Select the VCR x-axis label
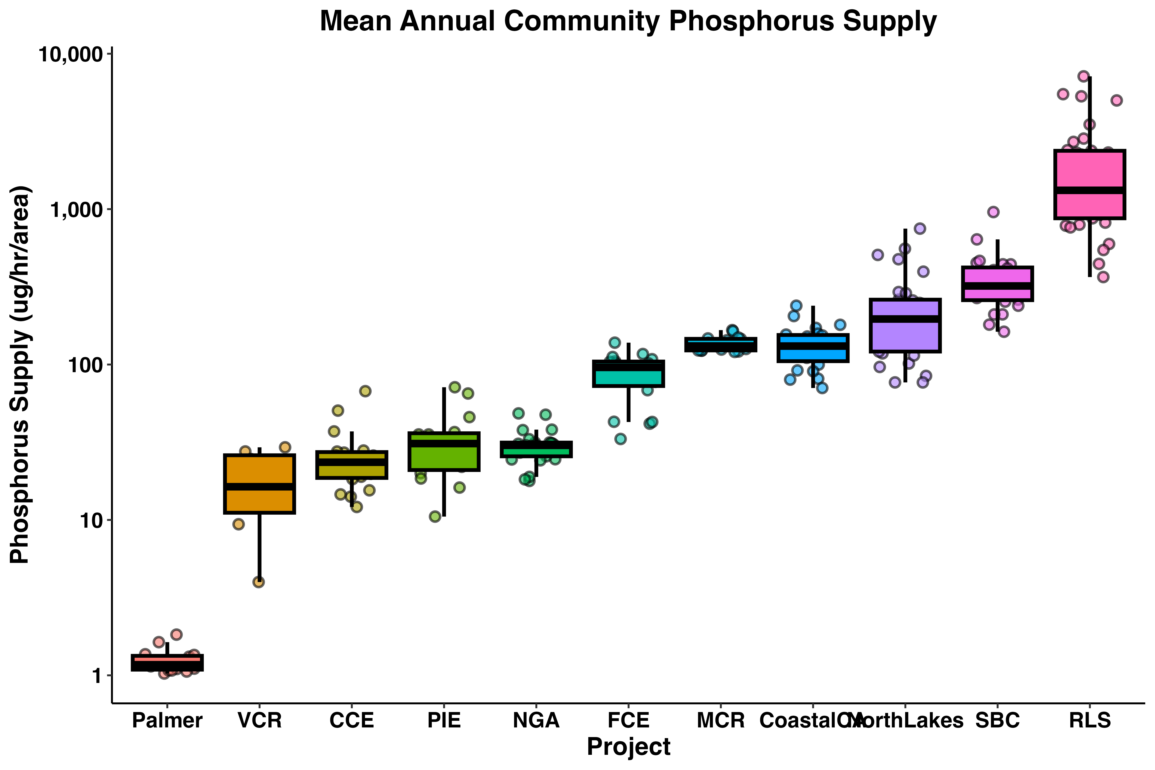tap(260, 720)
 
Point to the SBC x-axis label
tap(997, 720)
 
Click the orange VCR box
tap(260, 484)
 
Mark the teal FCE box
tap(629, 374)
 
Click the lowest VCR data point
tap(258, 582)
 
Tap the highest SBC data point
tap(993, 212)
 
